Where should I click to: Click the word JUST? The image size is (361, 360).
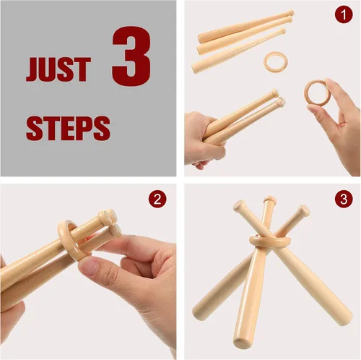tap(58, 69)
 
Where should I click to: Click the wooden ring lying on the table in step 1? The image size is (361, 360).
tap(274, 61)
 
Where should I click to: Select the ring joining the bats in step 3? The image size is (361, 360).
tap(268, 240)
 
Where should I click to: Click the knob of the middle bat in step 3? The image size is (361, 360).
tap(269, 200)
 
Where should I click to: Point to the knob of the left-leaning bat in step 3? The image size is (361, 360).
tap(238, 206)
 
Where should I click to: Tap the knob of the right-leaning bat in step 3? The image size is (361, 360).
tap(304, 210)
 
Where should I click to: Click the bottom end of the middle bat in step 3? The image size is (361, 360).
tap(243, 342)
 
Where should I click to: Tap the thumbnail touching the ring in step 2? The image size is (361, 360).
tap(90, 267)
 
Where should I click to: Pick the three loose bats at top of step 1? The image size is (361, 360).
tap(242, 40)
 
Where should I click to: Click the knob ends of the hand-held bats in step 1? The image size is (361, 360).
tap(277, 98)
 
